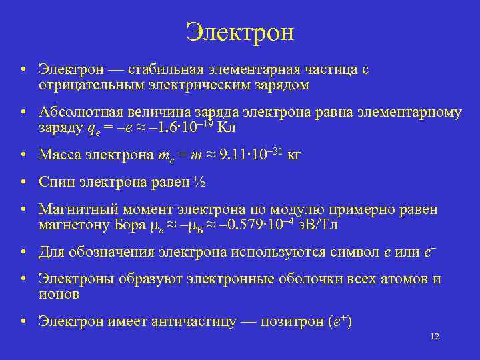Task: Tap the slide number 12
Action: click(x=435, y=337)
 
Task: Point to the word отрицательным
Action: click(x=87, y=85)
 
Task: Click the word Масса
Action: click(x=59, y=155)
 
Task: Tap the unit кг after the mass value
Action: click(x=294, y=155)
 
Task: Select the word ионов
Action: click(x=59, y=294)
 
